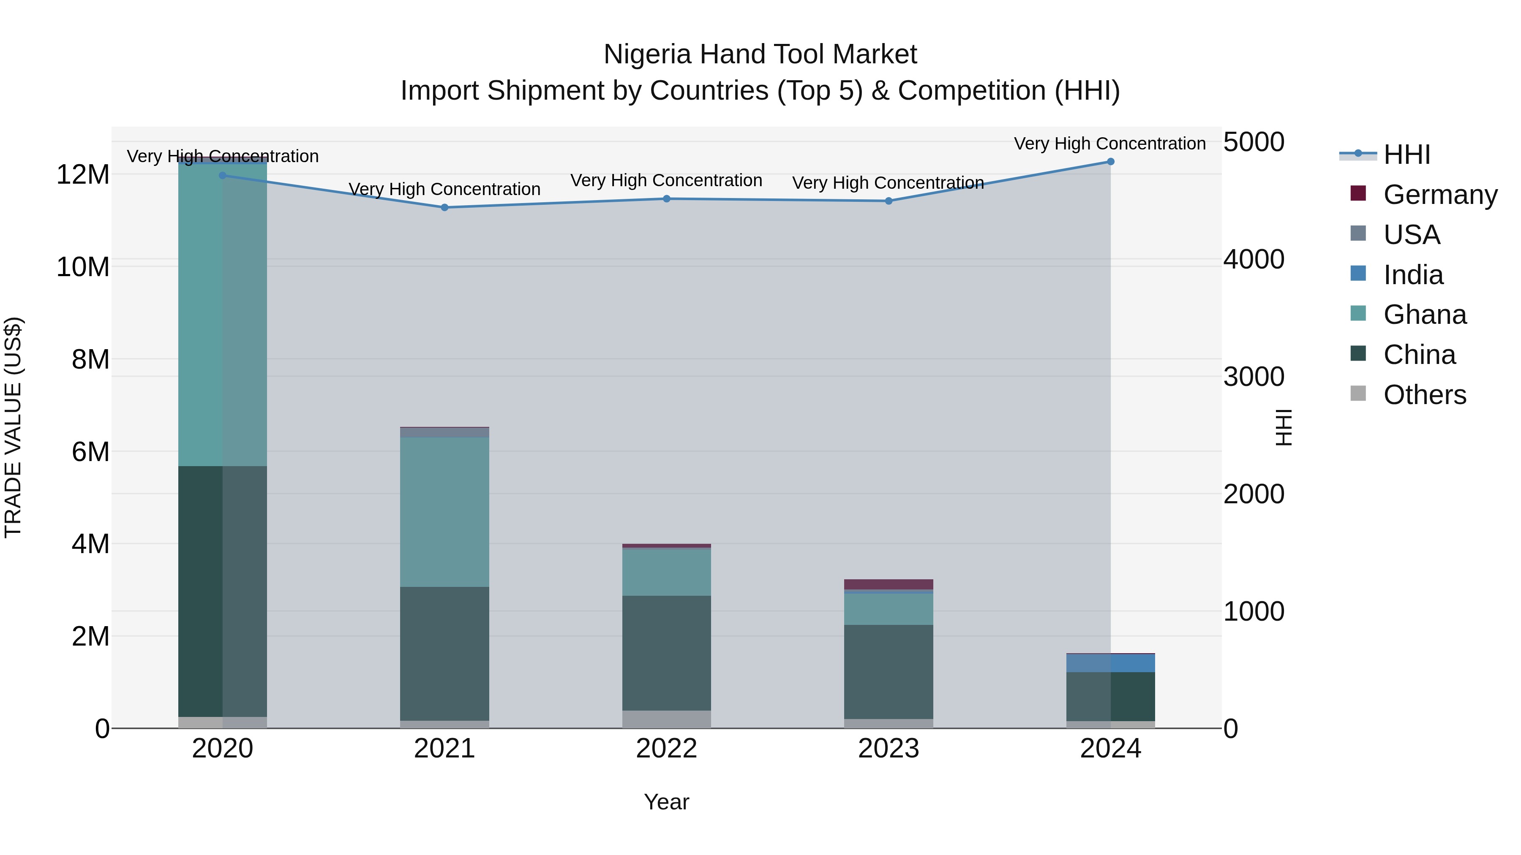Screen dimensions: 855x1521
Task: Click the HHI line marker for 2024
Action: coord(1110,162)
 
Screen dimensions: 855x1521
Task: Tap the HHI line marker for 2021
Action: coord(444,208)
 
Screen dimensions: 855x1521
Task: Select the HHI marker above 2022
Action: coord(667,199)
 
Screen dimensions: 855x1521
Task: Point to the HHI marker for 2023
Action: coord(889,201)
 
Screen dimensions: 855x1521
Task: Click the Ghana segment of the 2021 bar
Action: coord(444,512)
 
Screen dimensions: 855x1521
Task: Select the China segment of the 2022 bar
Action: coord(667,653)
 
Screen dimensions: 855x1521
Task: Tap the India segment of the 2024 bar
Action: coord(1110,663)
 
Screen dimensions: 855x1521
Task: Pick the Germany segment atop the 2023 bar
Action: coord(889,584)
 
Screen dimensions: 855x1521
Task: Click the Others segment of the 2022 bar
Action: coord(667,719)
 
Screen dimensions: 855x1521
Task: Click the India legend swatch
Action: coord(1358,274)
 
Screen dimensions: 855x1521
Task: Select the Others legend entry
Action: coord(1424,394)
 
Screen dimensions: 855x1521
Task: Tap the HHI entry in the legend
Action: coord(1407,155)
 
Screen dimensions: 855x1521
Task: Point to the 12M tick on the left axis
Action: coord(83,175)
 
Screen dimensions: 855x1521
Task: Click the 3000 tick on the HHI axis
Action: coord(1254,377)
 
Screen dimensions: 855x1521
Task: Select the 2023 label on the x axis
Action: coord(889,749)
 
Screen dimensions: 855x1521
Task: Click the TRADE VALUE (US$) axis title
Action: coord(13,427)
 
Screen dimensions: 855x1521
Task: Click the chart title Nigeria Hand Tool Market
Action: coord(760,54)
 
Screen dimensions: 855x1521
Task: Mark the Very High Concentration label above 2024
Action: coord(1109,144)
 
